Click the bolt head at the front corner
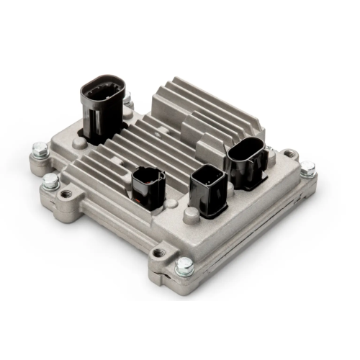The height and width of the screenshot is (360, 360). [x=184, y=266]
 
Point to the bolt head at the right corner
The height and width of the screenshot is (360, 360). [x=307, y=170]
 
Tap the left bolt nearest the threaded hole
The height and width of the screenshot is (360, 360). [x=50, y=181]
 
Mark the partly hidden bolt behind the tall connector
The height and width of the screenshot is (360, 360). [x=128, y=101]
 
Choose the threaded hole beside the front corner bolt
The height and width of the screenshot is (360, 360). [x=159, y=253]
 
